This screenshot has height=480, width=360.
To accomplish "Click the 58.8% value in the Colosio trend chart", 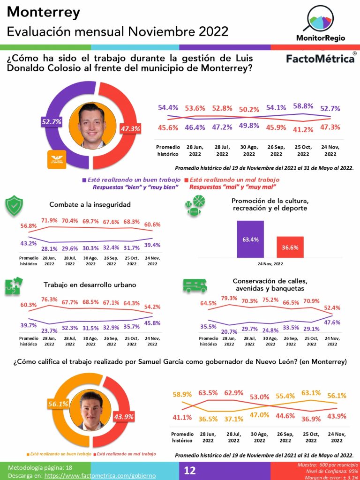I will coord(303,106).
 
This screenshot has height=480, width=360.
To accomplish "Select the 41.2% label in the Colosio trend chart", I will coord(303,129).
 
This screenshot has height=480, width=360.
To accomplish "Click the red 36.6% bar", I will coord(290,247).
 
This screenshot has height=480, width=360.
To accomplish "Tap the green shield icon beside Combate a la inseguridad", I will coord(14,205).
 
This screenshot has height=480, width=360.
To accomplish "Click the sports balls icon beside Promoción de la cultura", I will coord(195,206).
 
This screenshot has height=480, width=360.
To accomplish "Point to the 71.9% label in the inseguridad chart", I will coord(49,220).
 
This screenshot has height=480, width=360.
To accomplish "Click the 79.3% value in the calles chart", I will coord(229,298).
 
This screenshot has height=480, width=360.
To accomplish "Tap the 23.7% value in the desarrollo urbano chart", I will coord(49,330).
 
